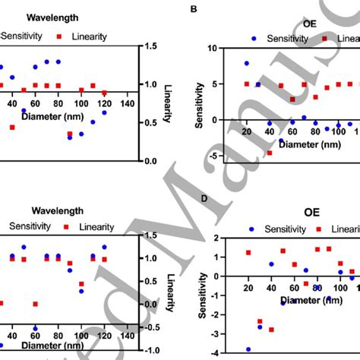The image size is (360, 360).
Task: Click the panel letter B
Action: (x=193, y=9)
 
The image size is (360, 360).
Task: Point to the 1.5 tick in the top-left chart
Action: (x=150, y=46)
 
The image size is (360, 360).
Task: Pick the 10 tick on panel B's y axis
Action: (x=212, y=48)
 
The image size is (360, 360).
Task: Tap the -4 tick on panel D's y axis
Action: (x=213, y=353)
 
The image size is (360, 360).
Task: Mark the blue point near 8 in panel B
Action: (x=246, y=63)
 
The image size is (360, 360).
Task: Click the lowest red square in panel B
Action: (x=269, y=153)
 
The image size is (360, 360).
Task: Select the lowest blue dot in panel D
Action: (x=248, y=349)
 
